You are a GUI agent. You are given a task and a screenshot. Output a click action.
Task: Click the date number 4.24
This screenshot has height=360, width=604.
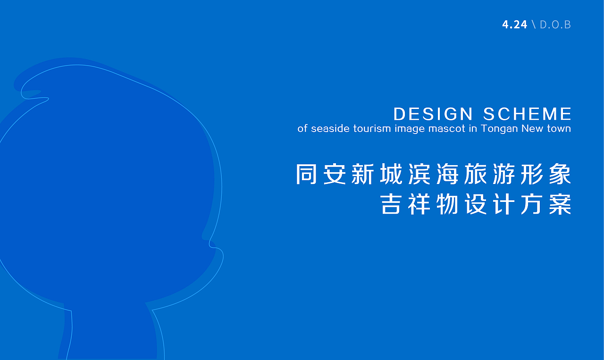(514, 25)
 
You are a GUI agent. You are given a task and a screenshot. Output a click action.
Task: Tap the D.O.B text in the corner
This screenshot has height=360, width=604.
(555, 25)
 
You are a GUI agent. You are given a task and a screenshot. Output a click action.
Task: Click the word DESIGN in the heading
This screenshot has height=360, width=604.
(433, 114)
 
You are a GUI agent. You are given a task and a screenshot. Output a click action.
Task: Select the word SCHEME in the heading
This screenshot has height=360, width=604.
(527, 114)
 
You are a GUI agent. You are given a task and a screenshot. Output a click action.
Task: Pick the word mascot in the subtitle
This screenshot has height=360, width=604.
(447, 128)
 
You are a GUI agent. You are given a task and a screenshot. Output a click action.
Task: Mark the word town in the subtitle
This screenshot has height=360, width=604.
(559, 128)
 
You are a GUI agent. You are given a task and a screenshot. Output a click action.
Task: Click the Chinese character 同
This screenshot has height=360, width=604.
(306, 174)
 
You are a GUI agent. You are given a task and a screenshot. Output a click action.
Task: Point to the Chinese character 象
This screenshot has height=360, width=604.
(560, 174)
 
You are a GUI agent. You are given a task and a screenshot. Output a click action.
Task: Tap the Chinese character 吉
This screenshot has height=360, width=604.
(391, 204)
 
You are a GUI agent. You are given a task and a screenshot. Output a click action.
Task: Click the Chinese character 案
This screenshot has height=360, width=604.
(560, 204)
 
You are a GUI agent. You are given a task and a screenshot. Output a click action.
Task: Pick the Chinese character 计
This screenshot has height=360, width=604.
(503, 204)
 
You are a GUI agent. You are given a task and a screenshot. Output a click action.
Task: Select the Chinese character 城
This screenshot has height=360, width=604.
(391, 174)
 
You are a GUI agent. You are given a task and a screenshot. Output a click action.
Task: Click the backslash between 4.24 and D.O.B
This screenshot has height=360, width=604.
(534, 25)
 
